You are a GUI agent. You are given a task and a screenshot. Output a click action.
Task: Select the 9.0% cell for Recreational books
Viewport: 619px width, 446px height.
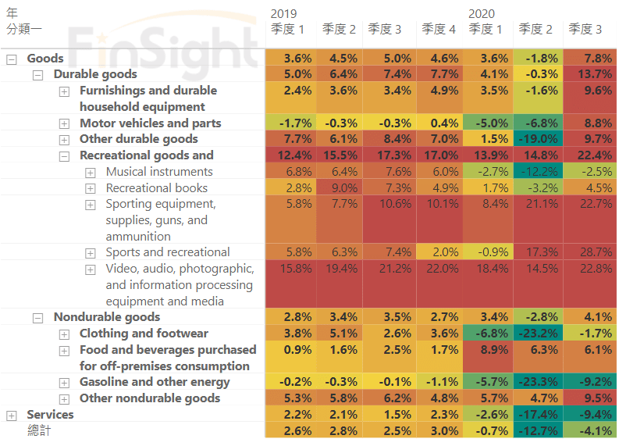tap(343, 188)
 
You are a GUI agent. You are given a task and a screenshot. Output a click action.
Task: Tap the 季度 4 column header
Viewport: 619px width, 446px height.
tap(439, 29)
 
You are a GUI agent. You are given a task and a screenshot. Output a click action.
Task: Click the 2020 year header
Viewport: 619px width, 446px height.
tap(482, 13)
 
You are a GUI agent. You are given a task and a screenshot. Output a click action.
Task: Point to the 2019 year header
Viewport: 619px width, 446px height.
tap(284, 13)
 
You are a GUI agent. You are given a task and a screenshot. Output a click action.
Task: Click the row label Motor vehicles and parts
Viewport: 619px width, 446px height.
tap(150, 123)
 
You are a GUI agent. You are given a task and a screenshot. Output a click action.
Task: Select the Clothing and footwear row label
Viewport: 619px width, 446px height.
tap(144, 334)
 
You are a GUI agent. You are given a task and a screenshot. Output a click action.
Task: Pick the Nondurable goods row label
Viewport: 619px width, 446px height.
tap(106, 317)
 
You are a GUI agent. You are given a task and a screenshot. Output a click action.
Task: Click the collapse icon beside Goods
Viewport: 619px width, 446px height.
tap(11, 59)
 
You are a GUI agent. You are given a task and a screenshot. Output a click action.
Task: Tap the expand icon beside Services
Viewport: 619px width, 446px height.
tap(11, 415)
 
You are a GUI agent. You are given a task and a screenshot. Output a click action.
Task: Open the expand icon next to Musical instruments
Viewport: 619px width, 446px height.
tap(91, 172)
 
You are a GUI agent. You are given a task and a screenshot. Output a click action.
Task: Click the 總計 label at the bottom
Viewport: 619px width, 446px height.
tap(38, 430)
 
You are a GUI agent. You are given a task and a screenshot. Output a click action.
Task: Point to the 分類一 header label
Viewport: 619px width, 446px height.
tap(23, 29)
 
